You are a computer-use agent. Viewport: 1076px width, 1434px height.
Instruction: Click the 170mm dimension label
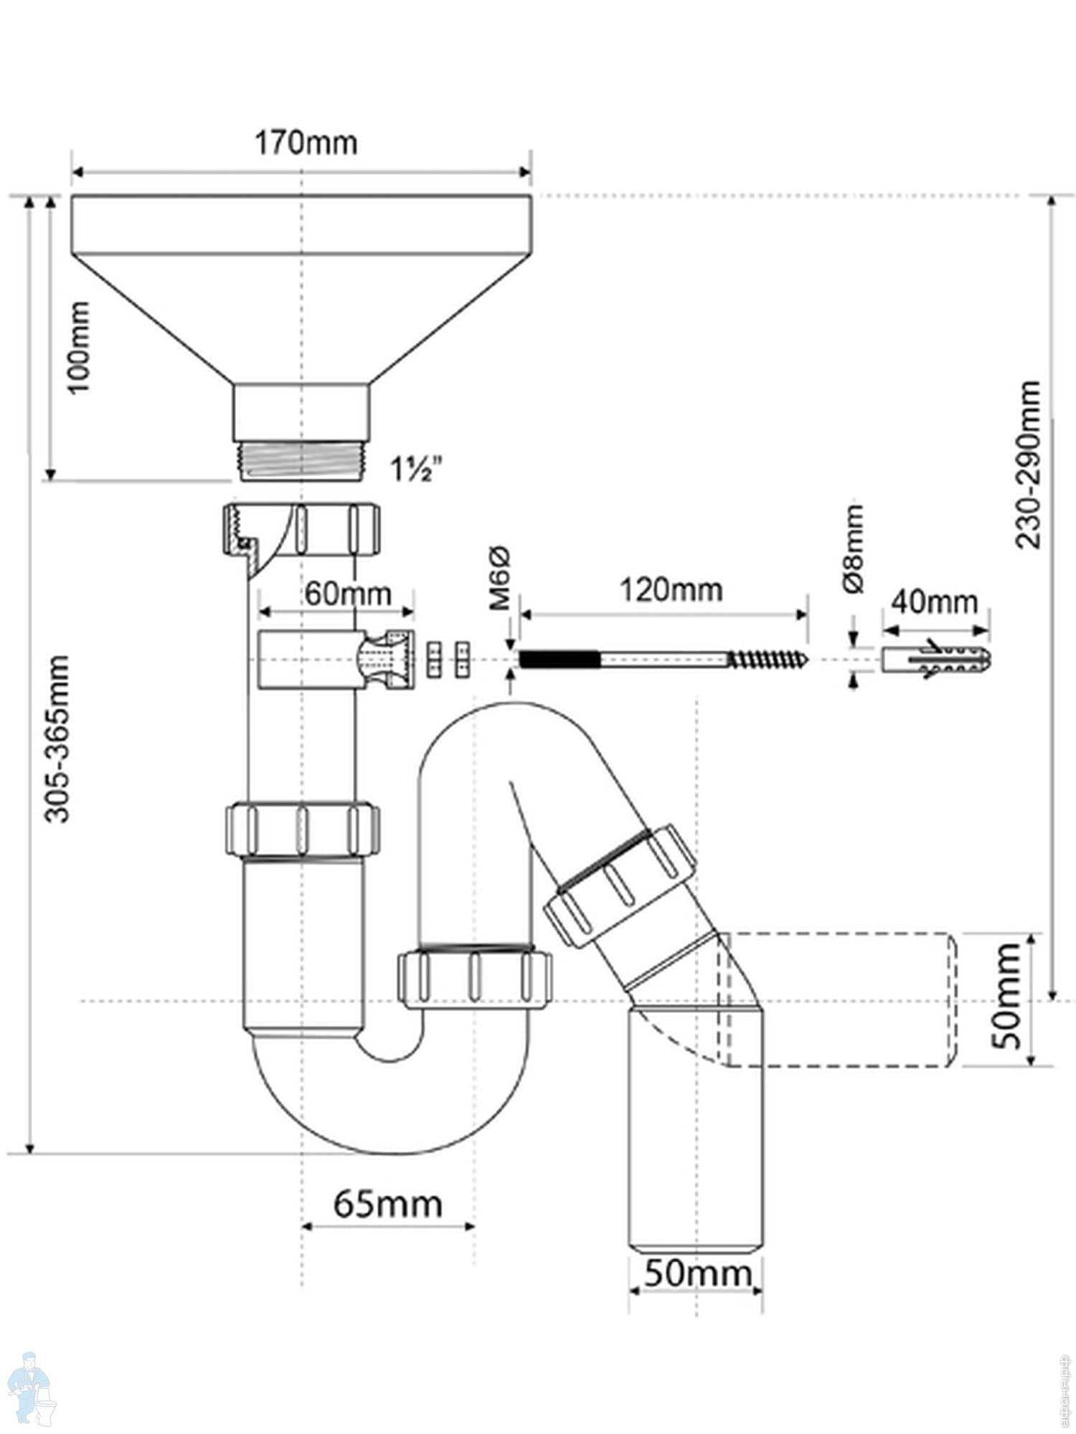(306, 143)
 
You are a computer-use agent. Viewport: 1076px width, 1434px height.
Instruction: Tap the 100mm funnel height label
(79, 346)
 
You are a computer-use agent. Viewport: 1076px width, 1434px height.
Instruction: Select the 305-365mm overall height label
(57, 738)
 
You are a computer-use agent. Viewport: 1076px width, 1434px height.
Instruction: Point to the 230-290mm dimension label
(1029, 464)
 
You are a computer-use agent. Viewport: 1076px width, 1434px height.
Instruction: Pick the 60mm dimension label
(348, 594)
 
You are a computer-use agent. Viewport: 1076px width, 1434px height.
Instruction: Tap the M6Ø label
(500, 578)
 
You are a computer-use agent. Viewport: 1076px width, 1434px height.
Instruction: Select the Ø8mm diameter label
(853, 549)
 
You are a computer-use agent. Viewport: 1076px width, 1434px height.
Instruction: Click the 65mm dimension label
(387, 1205)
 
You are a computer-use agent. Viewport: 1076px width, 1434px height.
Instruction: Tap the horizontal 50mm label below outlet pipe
(697, 1274)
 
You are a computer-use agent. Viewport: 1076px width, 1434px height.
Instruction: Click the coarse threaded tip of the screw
(768, 657)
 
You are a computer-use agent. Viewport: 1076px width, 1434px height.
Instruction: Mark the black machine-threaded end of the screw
(558, 657)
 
